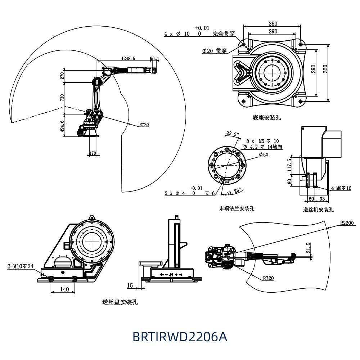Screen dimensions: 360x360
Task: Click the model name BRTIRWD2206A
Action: pyautogui.click(x=180, y=337)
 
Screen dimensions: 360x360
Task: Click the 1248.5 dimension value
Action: pyautogui.click(x=128, y=58)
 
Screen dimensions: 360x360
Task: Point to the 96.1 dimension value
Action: pyautogui.click(x=154, y=58)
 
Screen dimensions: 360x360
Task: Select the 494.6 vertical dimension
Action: pyautogui.click(x=62, y=126)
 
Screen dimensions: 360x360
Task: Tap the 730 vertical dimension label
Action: pyautogui.click(x=62, y=98)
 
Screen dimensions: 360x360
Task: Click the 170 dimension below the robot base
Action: pyautogui.click(x=93, y=153)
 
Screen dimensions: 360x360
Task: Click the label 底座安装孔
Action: pyautogui.click(x=266, y=118)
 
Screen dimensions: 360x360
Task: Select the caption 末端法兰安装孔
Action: pyautogui.click(x=237, y=208)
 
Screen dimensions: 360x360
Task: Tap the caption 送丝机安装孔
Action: pyautogui.click(x=318, y=210)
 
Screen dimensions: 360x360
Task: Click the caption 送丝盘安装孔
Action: pyautogui.click(x=120, y=302)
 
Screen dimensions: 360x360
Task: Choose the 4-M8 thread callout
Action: pyautogui.click(x=341, y=188)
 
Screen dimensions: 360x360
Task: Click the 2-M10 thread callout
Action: pyautogui.click(x=21, y=267)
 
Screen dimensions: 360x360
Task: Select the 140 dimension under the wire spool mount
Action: pyautogui.click(x=64, y=289)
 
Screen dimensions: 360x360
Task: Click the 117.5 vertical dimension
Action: pyautogui.click(x=289, y=165)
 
